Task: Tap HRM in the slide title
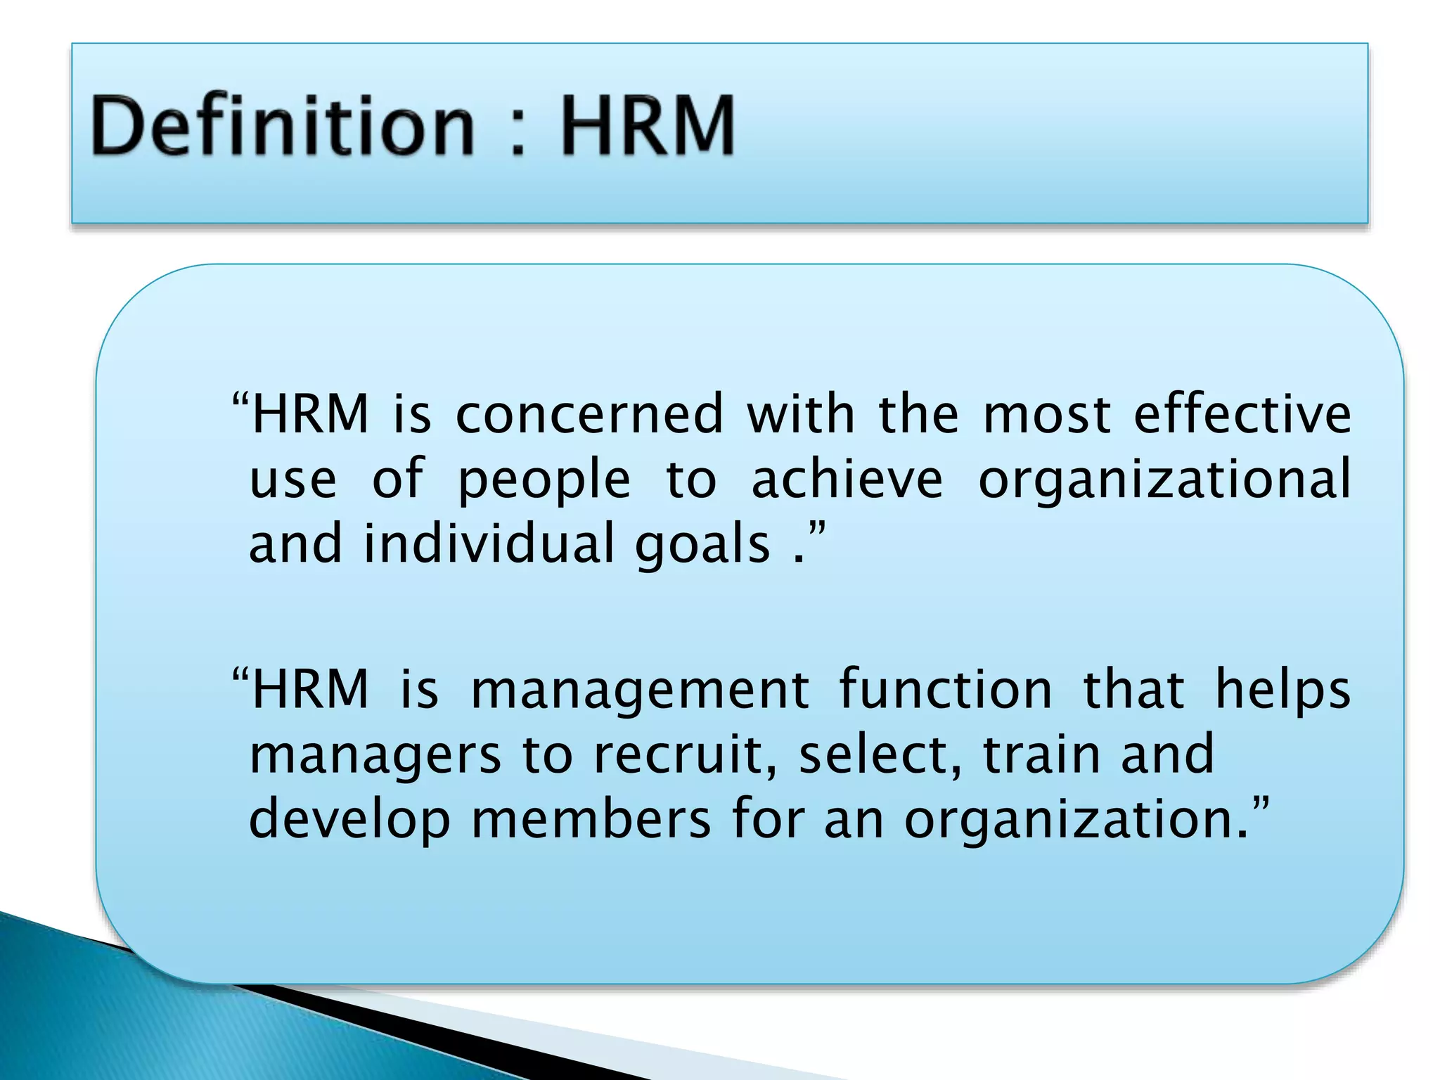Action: [x=647, y=127]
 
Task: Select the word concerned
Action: [x=589, y=414]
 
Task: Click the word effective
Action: [x=1242, y=414]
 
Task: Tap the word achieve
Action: [x=847, y=480]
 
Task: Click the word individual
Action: [x=489, y=544]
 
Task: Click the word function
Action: [x=946, y=689]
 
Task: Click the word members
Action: [x=591, y=820]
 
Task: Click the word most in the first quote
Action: [x=1047, y=414]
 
